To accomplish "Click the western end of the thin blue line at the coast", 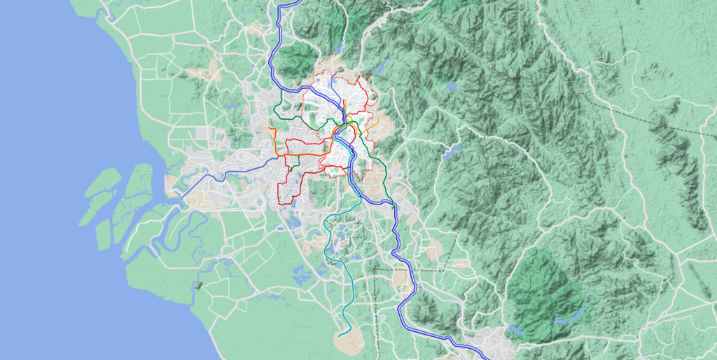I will [181, 200].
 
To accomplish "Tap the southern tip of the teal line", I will [339, 335].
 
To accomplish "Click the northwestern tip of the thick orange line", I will [270, 128].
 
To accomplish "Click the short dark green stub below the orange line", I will [289, 169].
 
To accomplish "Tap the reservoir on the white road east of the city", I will [452, 152].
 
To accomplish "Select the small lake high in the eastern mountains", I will [451, 87].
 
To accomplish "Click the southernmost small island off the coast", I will [103, 235].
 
